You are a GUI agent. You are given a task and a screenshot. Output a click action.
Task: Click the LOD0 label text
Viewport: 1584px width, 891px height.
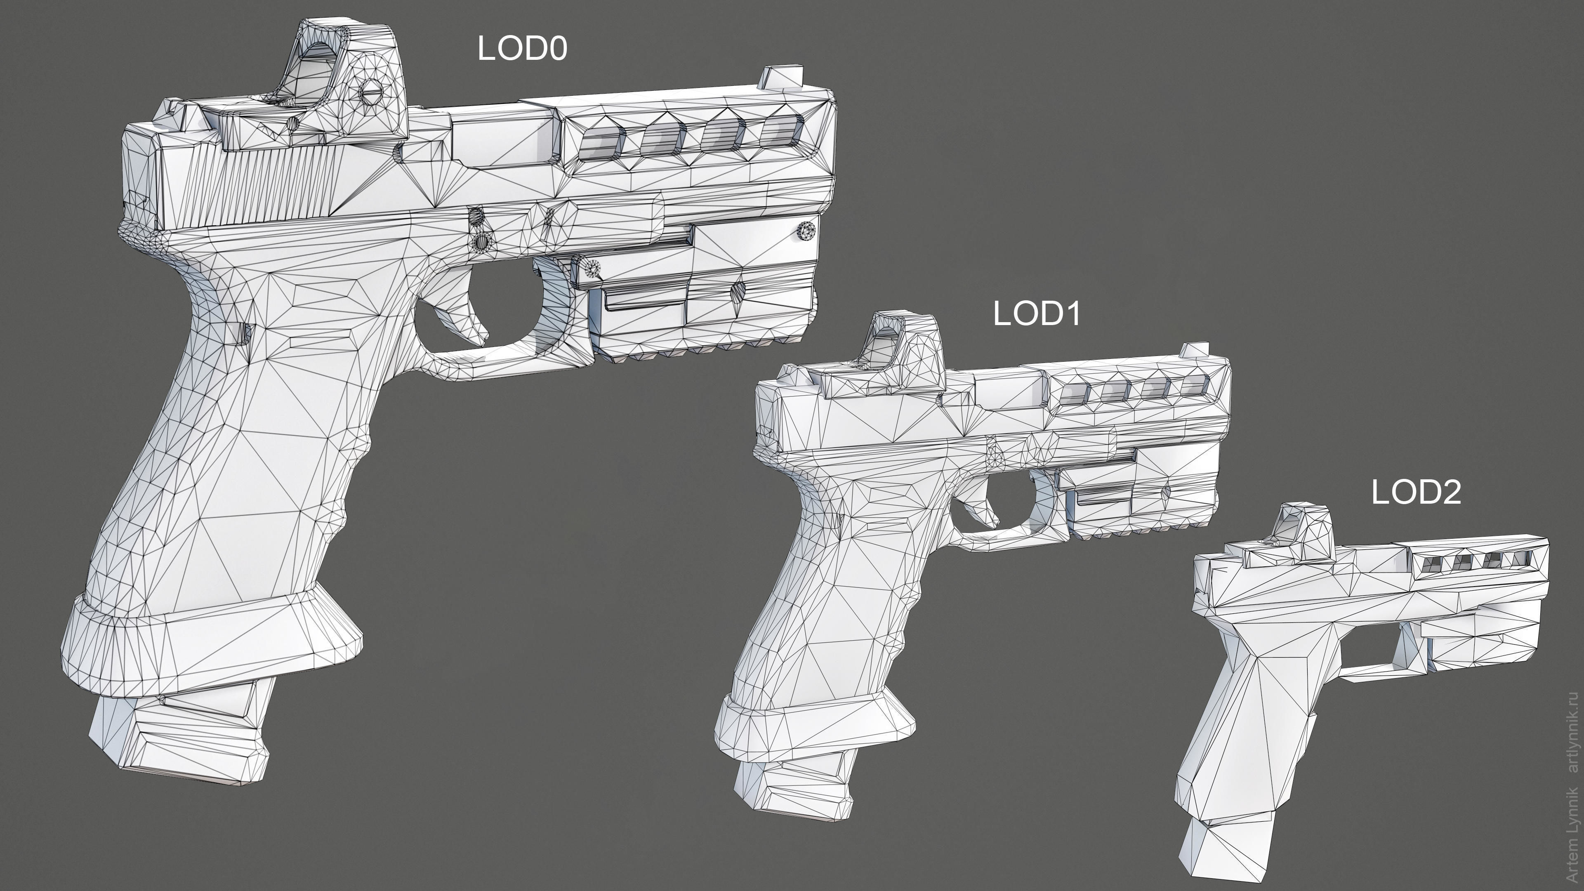coord(522,49)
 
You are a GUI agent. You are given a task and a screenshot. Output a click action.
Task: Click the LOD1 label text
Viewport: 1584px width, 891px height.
coord(1037,314)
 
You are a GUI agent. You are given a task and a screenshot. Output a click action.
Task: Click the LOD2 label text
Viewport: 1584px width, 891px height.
coord(1416,493)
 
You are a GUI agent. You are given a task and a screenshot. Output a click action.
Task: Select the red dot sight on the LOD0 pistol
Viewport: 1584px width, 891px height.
coord(344,80)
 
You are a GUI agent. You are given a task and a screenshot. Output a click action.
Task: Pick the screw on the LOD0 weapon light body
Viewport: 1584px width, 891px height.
coord(806,231)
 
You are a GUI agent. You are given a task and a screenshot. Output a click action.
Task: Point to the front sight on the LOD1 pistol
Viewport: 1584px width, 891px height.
coord(1194,350)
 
